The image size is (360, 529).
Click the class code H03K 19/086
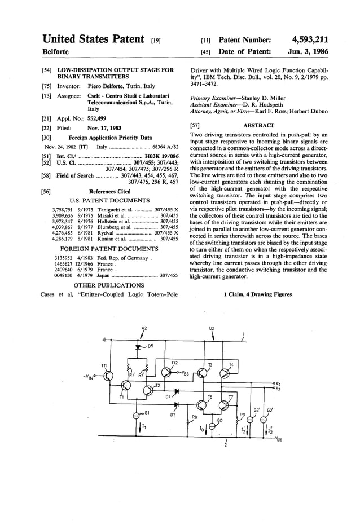(x=161, y=156)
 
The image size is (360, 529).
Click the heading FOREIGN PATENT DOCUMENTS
(x=112, y=248)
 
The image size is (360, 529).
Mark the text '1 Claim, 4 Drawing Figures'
(x=258, y=294)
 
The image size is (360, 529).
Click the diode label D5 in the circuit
(x=151, y=346)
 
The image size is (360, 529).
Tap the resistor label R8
(x=195, y=417)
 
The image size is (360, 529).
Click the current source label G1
(x=148, y=413)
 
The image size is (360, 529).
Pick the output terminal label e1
(x=279, y=383)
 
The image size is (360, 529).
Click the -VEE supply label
(x=278, y=438)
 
